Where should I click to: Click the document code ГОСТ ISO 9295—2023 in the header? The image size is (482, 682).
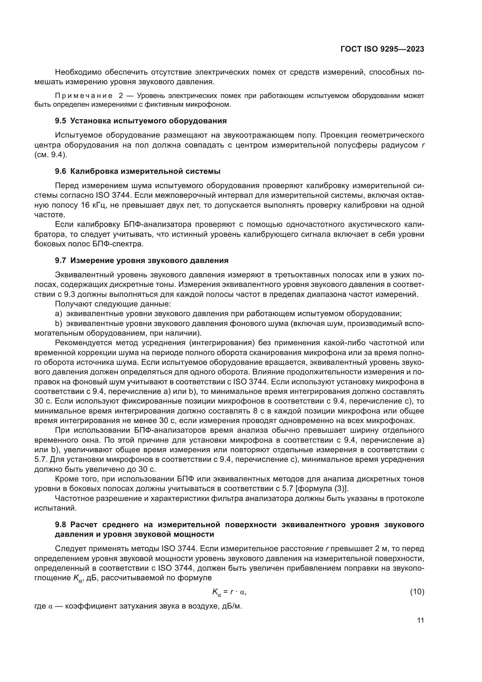382,49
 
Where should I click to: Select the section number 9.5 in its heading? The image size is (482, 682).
60,121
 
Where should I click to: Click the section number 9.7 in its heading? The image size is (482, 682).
60,260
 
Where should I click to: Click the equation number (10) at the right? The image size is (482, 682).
417,592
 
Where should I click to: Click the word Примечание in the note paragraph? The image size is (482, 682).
84,96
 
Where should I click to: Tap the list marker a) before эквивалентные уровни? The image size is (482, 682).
59,314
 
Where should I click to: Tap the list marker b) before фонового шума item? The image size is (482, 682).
59,323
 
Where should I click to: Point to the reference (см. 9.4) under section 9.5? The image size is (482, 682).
51,155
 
